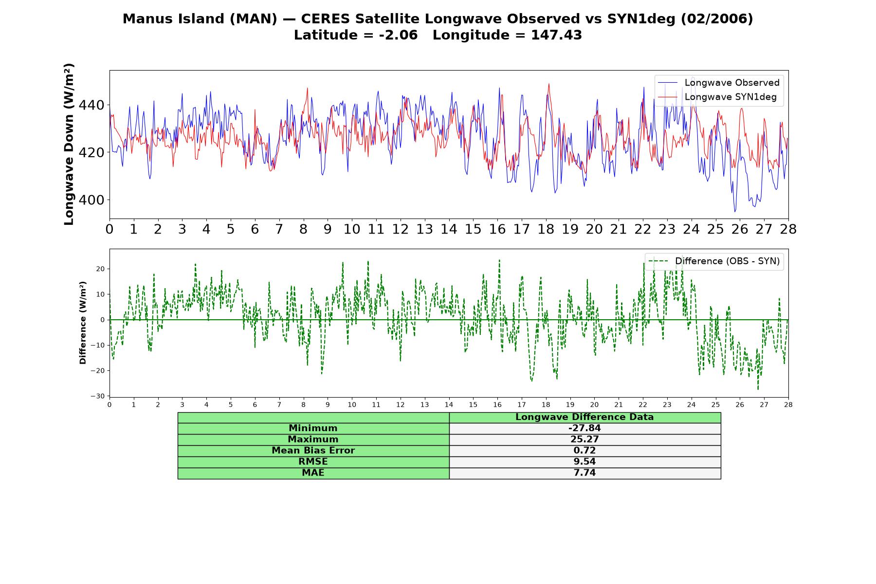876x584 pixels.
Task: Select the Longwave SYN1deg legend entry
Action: (717, 97)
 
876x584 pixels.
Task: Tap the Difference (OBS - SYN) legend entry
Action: (714, 261)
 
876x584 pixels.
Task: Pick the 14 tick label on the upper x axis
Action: (449, 229)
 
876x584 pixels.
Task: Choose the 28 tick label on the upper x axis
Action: (788, 229)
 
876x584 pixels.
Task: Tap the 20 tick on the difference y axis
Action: (100, 269)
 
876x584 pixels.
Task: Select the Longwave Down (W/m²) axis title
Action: (69, 144)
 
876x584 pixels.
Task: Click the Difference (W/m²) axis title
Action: (83, 323)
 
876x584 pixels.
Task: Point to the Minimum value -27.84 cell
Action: (584, 428)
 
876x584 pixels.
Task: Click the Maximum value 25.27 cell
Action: (584, 439)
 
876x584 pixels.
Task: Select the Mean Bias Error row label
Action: (313, 451)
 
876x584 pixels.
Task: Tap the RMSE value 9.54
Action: (584, 462)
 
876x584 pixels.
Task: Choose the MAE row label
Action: (313, 473)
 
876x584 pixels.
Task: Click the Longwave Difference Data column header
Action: (584, 417)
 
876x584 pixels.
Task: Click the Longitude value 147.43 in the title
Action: (556, 35)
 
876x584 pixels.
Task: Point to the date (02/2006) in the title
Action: (716, 19)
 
